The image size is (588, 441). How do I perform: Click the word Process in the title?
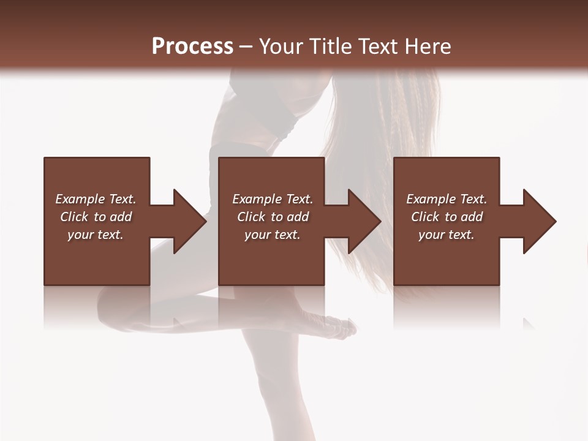[192, 47]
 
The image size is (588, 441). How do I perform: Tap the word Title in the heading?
[330, 47]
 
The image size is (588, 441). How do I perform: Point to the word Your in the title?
[281, 47]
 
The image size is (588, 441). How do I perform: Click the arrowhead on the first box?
[187, 221]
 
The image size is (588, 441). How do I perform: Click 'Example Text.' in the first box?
[96, 199]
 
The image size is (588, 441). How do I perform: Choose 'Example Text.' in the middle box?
[273, 199]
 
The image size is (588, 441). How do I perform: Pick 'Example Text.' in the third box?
[447, 199]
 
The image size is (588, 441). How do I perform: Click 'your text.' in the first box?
[96, 235]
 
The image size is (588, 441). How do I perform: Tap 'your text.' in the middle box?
[273, 235]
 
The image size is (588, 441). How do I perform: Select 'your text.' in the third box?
[447, 235]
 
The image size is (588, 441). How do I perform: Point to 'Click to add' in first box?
[96, 217]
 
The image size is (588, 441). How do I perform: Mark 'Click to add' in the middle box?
[273, 217]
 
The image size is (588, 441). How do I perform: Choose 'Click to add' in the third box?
[447, 217]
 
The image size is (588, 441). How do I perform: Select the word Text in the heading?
[380, 47]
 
